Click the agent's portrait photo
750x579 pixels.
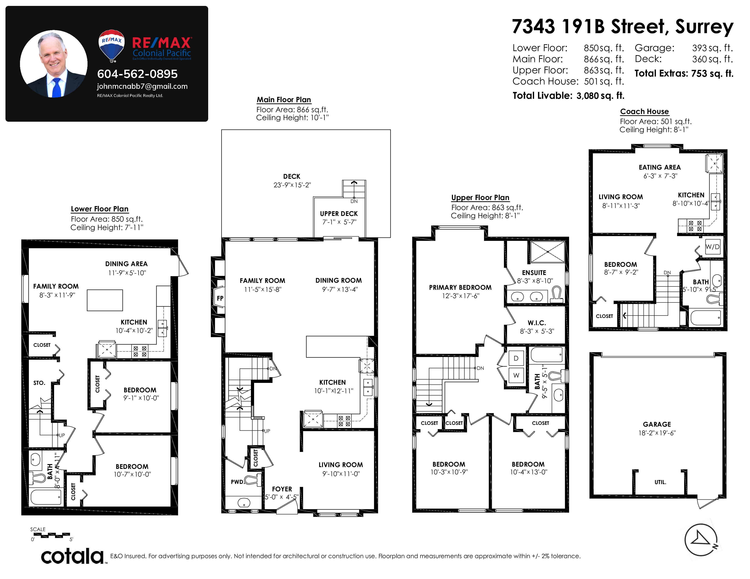pos(54,64)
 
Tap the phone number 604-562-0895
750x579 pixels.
pos(137,74)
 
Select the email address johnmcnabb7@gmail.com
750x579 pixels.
pos(142,87)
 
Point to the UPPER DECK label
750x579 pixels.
pos(339,214)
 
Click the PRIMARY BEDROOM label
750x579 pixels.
pos(460,287)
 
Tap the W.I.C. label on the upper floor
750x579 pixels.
pos(537,323)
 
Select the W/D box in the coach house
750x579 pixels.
pos(712,247)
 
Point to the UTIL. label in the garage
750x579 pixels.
pos(660,482)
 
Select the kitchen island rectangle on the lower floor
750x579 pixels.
pos(105,300)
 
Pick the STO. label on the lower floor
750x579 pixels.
pos(39,383)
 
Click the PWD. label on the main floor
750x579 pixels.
pos(237,482)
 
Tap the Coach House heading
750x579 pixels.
pos(644,111)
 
